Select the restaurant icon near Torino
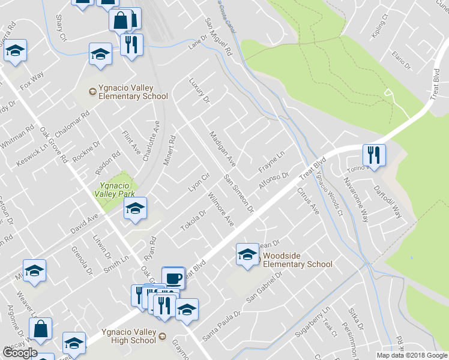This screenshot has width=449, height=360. pos(374,155)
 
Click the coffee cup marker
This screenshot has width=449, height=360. pos(173,278)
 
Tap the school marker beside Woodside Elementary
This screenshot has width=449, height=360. pos(247,255)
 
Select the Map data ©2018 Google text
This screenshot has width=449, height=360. pos(412,355)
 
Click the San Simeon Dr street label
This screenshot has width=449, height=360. pos(239,193)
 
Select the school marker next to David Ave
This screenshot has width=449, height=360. pos(135,209)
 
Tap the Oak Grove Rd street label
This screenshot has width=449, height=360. pos(53,144)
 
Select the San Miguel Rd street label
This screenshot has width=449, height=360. pos(218,37)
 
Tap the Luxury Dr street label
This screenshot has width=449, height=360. pos(198,89)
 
